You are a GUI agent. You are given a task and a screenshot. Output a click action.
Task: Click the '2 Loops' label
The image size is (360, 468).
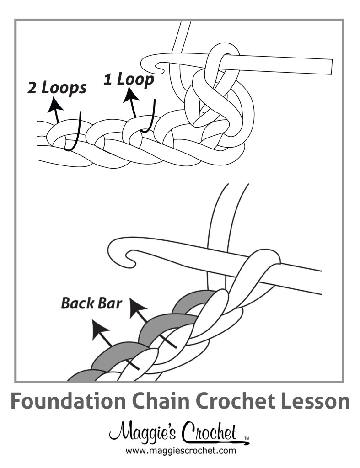57,88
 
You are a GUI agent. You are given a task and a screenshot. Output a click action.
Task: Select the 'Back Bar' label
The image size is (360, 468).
91,303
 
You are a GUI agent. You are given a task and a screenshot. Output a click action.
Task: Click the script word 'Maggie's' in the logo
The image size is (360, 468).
144,432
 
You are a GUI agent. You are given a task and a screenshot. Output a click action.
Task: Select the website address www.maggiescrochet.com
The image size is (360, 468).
180,451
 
